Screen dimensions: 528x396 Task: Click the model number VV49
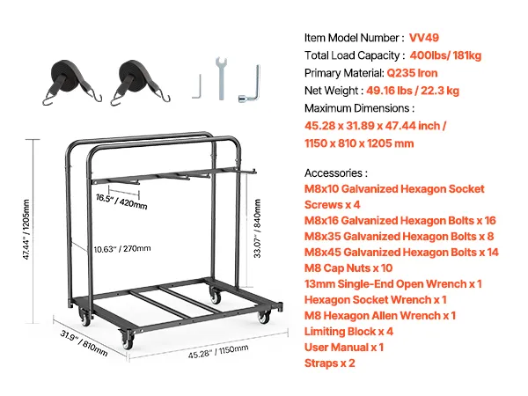coord(424,38)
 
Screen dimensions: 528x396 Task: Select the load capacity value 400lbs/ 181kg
coord(445,55)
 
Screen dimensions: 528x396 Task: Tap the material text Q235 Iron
coord(412,73)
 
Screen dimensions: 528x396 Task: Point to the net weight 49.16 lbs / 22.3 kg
coord(413,91)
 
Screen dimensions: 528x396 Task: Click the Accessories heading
coord(336,173)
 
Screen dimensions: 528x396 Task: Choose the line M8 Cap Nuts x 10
coord(348,268)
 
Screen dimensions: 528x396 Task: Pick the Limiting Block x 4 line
coord(348,332)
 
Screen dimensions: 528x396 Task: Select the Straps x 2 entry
coord(330,363)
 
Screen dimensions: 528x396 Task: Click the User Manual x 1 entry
coord(344,348)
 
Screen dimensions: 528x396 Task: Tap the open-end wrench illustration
coord(221,78)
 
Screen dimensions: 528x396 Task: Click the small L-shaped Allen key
coord(197,86)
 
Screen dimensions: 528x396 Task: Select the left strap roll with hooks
coord(71,82)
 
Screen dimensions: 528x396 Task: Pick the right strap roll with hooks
coord(139,82)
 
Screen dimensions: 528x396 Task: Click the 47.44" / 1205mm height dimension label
coord(26,230)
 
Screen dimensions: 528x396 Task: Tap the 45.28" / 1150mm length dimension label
coord(218,351)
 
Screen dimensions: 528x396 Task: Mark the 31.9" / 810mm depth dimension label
coord(84,343)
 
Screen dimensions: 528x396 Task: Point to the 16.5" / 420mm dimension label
coord(121,202)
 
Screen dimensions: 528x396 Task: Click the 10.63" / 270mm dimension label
coord(122,249)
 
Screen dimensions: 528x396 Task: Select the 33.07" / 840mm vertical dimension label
coord(257,229)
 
